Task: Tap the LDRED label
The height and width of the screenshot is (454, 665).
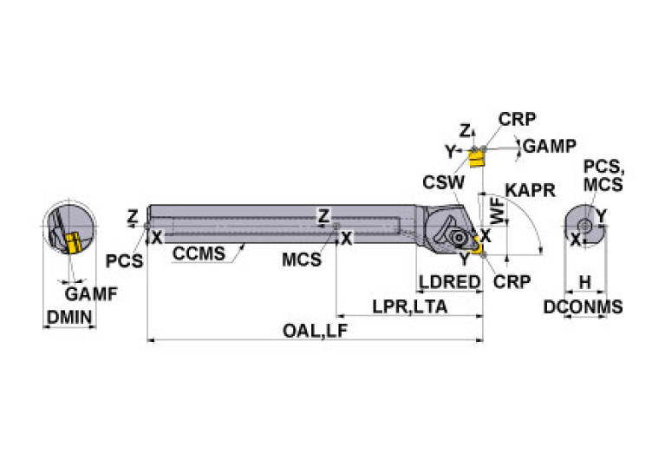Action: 449,282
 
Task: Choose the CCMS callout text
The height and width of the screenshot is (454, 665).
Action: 199,253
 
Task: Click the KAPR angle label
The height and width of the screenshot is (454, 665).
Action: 530,189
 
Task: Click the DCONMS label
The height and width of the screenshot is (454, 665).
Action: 584,306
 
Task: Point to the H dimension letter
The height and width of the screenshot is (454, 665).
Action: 585,282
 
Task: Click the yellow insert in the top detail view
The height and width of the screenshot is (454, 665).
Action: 475,159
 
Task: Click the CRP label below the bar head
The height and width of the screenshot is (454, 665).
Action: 512,282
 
